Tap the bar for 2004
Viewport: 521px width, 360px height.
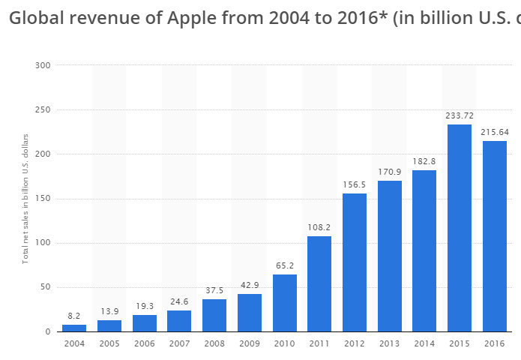(74, 328)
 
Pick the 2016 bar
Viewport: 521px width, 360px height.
(494, 236)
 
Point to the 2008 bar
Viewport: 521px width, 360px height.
(214, 315)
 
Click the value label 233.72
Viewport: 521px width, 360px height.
(460, 116)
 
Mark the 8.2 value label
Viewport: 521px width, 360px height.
(74, 316)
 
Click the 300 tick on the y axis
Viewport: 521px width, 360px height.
(42, 65)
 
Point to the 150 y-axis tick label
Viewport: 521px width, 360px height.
(42, 199)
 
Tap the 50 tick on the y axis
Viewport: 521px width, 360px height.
(44, 287)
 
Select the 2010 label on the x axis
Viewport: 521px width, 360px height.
(284, 345)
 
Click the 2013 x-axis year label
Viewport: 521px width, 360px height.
(389, 345)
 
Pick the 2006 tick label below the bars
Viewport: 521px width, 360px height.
(144, 345)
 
